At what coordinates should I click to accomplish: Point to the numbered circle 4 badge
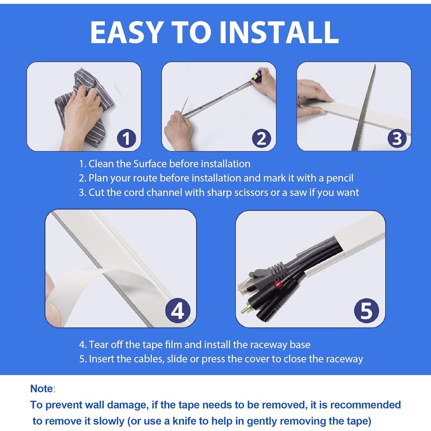[178, 311]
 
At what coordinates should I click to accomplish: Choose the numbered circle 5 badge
[366, 311]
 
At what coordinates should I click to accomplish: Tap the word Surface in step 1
[142, 164]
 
